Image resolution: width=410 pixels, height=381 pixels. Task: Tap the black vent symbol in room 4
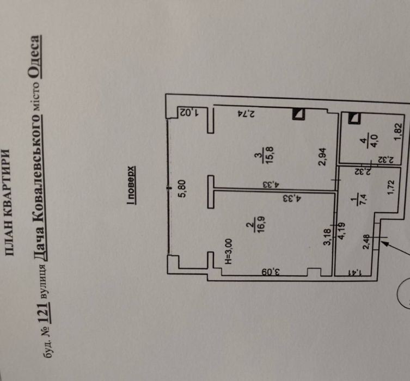(x=354, y=117)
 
